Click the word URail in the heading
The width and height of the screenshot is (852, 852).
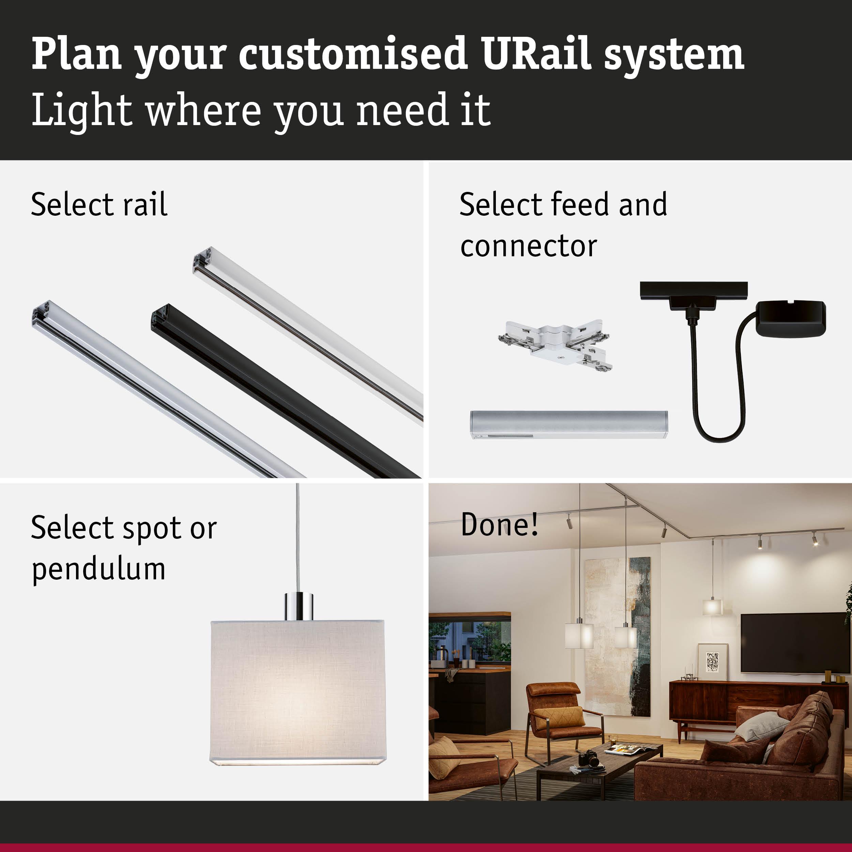pos(536,54)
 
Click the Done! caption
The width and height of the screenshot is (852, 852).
pos(499,524)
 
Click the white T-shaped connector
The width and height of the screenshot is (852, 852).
pos(556,344)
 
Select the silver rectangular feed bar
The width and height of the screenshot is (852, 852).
pos(569,424)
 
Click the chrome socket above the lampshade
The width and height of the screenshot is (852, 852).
pos(299,607)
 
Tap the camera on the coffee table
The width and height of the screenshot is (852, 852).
pos(588,759)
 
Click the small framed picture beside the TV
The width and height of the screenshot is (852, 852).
pos(713,661)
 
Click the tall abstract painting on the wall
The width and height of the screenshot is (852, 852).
pos(618,635)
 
